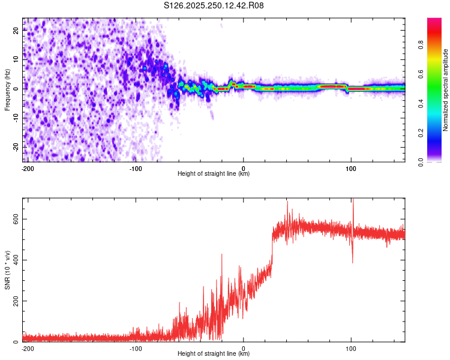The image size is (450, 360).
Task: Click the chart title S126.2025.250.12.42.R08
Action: pyautogui.click(x=214, y=5)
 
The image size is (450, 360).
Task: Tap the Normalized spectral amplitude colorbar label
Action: pyautogui.click(x=446, y=90)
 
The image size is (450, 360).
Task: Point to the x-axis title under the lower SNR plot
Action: pyautogui.click(x=214, y=354)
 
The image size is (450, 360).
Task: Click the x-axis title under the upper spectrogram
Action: pyautogui.click(x=214, y=174)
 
